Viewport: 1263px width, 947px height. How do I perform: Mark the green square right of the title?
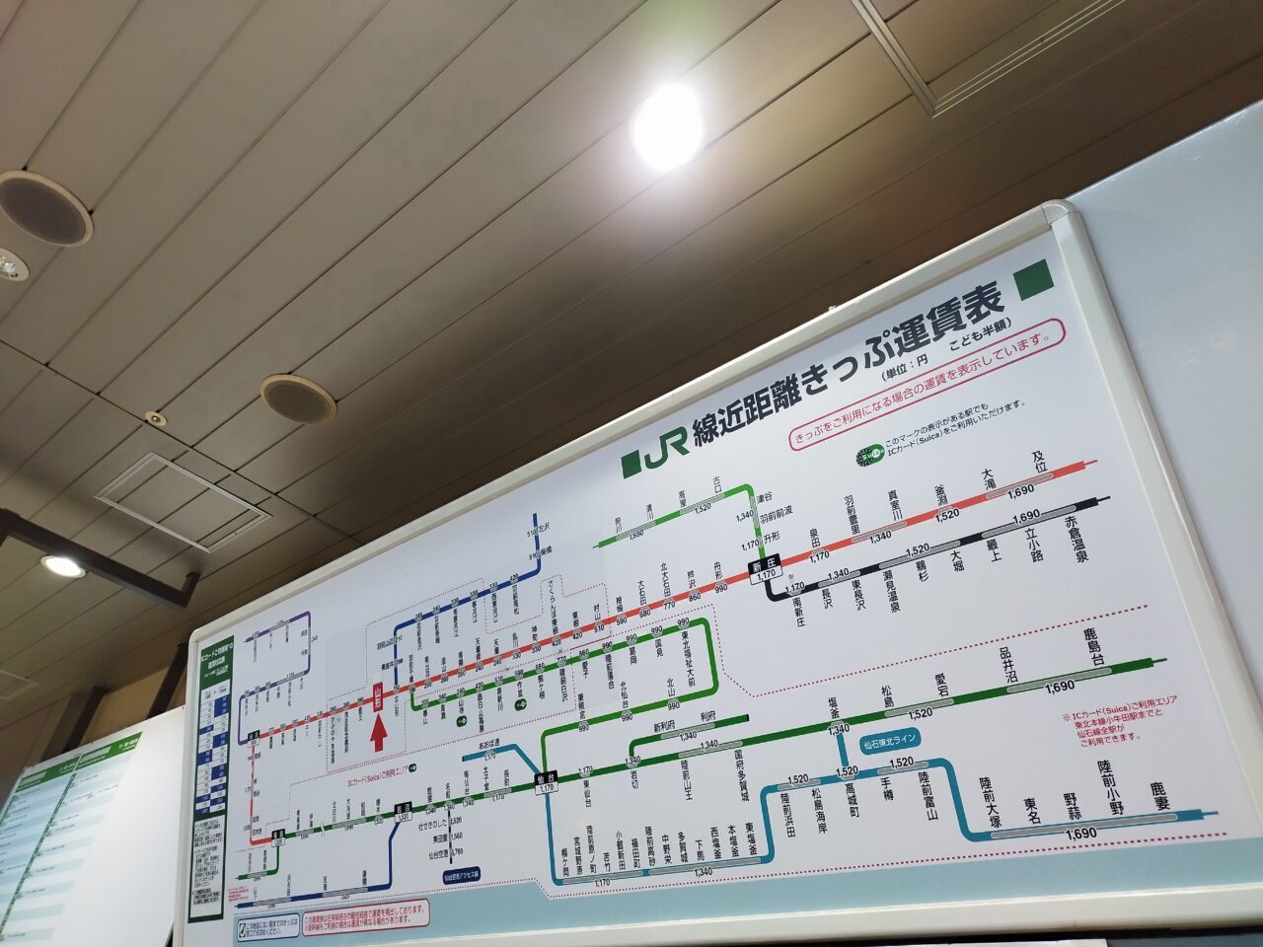pos(1034,280)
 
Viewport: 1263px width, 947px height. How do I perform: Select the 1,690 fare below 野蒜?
pos(1081,835)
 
